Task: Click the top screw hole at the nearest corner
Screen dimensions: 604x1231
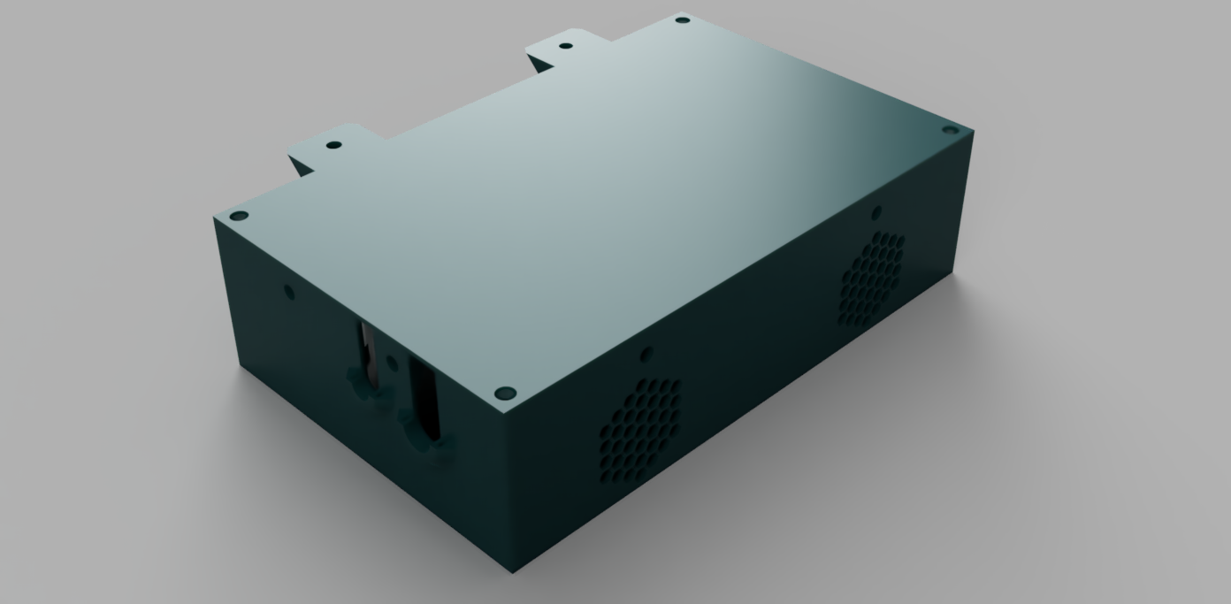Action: pos(505,391)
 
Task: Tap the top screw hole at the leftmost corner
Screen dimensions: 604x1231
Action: pos(237,215)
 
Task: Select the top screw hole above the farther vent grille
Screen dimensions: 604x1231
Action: pos(951,130)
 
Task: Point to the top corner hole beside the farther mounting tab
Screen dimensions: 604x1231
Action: pos(681,19)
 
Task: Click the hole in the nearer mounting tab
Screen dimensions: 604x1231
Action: pos(333,145)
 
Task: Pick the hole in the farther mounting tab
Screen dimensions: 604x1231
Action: pos(567,45)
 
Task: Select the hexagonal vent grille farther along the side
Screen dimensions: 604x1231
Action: pos(872,278)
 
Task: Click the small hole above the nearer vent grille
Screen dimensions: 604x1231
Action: pos(646,354)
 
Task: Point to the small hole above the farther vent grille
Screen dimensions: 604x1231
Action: pos(875,212)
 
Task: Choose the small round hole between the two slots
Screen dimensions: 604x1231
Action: pos(390,363)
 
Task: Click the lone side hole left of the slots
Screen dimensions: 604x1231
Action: pos(287,290)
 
